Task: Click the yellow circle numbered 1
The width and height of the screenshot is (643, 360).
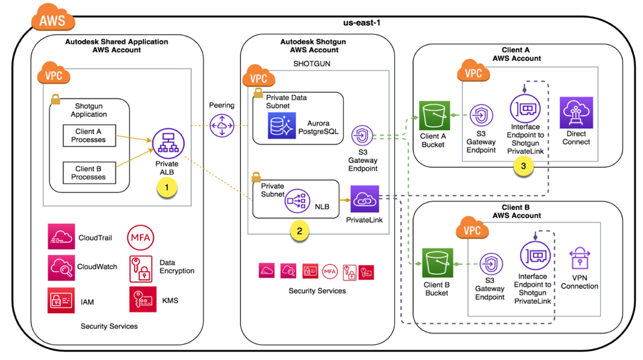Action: pyautogui.click(x=167, y=188)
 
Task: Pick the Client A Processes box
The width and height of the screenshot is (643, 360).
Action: pyautogui.click(x=90, y=136)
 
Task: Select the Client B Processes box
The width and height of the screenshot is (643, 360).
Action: pyautogui.click(x=90, y=173)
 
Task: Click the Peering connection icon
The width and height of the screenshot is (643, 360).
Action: pyautogui.click(x=222, y=126)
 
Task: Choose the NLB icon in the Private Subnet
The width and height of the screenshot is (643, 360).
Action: pyautogui.click(x=297, y=200)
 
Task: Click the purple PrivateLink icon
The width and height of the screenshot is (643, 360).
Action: pyautogui.click(x=364, y=198)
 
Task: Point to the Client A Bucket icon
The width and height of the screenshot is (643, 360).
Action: pyautogui.click(x=434, y=116)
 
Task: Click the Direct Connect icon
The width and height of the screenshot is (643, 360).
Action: pyautogui.click(x=576, y=113)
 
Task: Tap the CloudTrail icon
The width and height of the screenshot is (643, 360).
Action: pyautogui.click(x=61, y=236)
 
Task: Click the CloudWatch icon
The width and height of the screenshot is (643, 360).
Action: pyautogui.click(x=61, y=268)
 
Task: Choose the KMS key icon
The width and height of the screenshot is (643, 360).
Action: pyautogui.click(x=143, y=299)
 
